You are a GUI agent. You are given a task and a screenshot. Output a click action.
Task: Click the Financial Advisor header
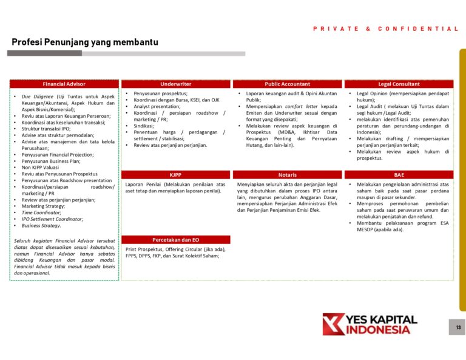64,84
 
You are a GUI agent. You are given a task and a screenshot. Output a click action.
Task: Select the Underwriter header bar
175,84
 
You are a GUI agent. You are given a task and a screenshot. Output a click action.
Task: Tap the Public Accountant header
287,84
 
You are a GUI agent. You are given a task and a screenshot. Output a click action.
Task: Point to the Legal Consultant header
399,84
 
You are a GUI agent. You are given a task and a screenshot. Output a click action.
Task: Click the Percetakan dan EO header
175,240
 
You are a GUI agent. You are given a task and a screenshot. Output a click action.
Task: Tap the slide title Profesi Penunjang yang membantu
85,42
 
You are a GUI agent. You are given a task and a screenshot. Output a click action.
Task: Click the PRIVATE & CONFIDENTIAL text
386,29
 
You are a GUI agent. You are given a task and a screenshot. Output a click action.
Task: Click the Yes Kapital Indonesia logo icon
333,324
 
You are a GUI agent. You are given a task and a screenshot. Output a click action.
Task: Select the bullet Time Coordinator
41,212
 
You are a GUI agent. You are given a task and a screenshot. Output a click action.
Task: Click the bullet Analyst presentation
157,106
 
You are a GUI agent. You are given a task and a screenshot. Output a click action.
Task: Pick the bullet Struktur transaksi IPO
46,129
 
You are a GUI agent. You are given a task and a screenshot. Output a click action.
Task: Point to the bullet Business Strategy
41,225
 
